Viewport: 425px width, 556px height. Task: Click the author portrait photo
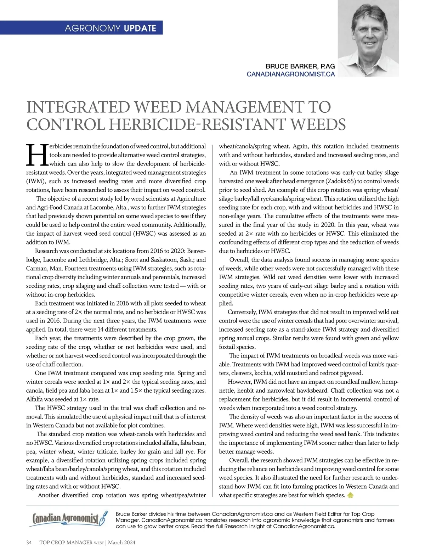tap(368, 38)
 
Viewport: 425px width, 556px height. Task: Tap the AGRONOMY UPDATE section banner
tap(110, 28)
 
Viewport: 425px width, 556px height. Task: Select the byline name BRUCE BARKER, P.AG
tap(300, 67)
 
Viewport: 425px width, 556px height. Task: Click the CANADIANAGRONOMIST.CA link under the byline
tap(290, 74)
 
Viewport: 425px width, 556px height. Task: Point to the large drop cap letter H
tap(37, 155)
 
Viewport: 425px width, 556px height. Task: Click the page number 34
tap(29, 543)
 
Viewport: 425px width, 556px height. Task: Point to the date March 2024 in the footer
tap(122, 543)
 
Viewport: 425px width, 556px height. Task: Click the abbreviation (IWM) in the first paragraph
tap(35, 181)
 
